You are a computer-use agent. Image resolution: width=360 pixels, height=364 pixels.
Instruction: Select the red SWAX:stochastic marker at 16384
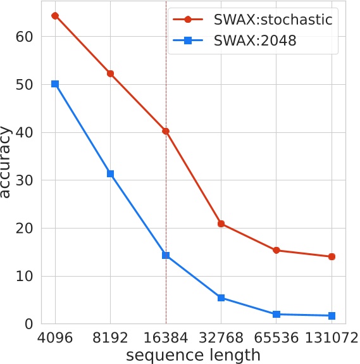(x=166, y=131)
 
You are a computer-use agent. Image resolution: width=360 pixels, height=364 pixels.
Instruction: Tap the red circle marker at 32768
(x=221, y=223)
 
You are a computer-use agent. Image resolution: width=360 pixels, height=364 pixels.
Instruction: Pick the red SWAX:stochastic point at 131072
(x=332, y=256)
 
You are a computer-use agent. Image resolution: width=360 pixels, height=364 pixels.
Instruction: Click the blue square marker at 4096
(x=55, y=84)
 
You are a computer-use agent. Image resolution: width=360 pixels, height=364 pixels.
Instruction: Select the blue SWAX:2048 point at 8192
(x=111, y=173)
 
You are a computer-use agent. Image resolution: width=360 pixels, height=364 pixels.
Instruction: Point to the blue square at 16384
(x=166, y=255)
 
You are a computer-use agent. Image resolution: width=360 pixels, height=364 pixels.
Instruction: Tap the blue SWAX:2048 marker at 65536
(x=276, y=314)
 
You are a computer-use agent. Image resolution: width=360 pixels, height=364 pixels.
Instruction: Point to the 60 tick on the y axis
(x=25, y=37)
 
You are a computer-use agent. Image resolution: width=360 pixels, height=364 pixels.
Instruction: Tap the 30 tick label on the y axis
(x=25, y=180)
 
